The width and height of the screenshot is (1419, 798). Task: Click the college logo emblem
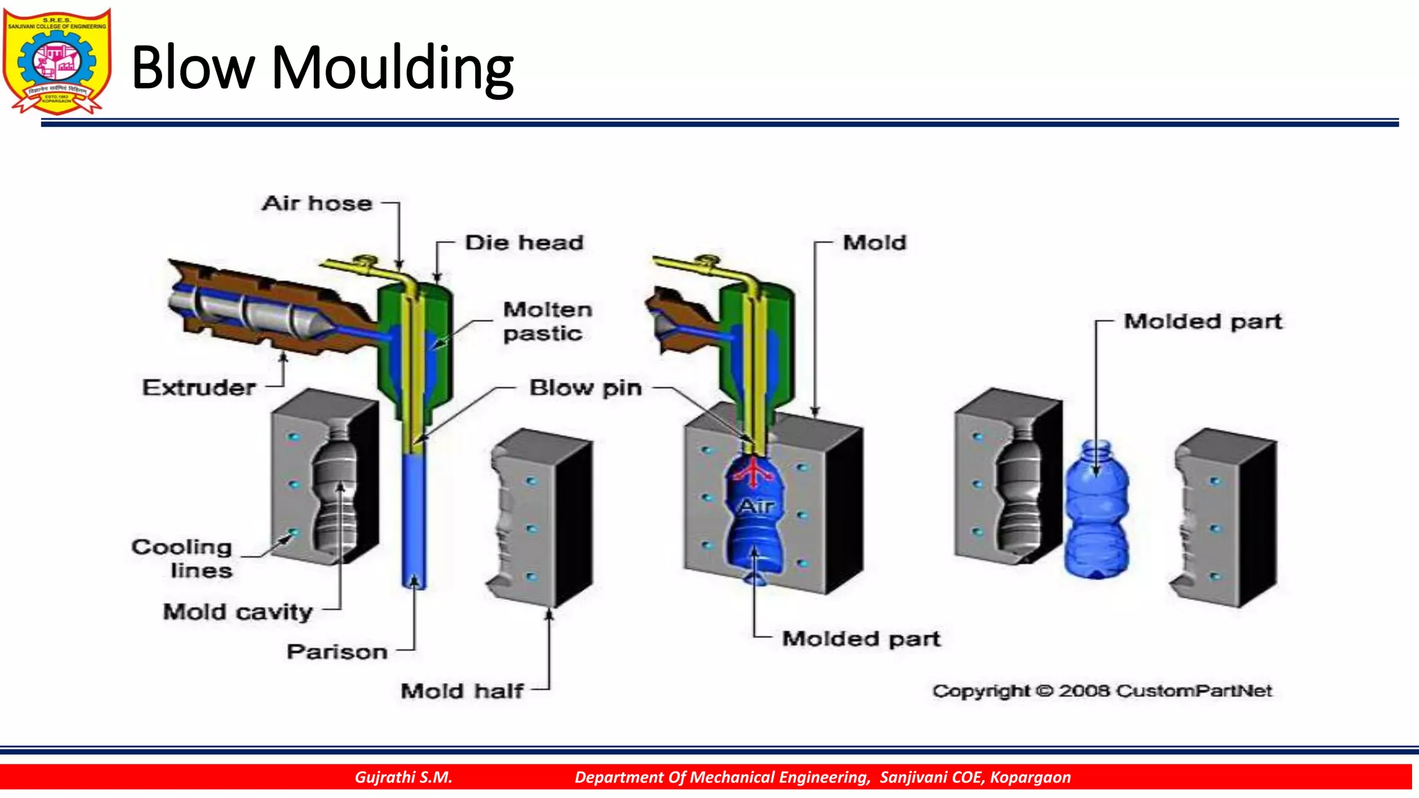(57, 61)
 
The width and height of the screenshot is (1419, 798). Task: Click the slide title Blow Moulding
(322, 68)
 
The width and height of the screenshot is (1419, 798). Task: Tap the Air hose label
(317, 203)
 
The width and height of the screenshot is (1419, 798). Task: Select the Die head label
(525, 242)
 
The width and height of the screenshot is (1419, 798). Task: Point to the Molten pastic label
(547, 321)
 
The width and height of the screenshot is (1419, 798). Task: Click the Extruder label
(199, 387)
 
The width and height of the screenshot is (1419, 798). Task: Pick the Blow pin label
(585, 388)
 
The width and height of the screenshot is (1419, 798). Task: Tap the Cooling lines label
(182, 558)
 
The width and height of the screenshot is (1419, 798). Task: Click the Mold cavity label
(238, 612)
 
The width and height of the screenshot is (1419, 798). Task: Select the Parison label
(337, 652)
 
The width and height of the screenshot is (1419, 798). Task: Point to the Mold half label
(461, 691)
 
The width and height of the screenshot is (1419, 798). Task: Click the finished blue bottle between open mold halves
(1096, 513)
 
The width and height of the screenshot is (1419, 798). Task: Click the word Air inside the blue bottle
(755, 506)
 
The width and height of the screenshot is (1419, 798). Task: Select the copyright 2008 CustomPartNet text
(1102, 691)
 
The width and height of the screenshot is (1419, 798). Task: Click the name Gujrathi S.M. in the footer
(403, 777)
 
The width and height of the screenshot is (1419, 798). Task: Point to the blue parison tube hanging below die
(414, 520)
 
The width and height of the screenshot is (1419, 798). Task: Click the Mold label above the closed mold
(874, 242)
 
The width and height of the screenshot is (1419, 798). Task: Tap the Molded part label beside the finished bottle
(1203, 321)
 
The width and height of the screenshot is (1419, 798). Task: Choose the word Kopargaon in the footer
(1030, 777)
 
